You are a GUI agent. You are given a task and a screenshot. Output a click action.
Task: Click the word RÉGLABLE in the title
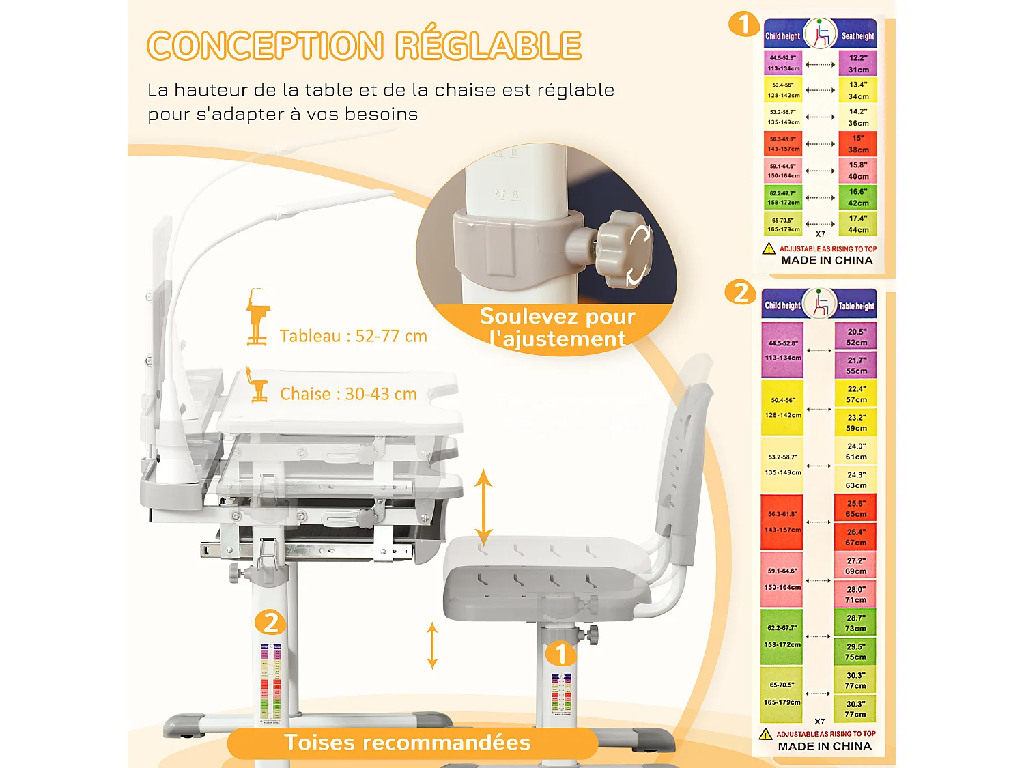pyautogui.click(x=488, y=46)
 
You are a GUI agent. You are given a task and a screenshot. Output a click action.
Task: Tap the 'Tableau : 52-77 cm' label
pyautogui.click(x=353, y=336)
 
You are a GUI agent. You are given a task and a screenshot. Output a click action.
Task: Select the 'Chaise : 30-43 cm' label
pyautogui.click(x=348, y=394)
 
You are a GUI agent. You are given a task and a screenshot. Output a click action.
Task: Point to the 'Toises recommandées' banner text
pyautogui.click(x=407, y=742)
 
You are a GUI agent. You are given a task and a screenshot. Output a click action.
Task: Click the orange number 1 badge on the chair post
pyautogui.click(x=561, y=654)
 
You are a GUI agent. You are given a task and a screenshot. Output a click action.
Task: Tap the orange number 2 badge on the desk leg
pyautogui.click(x=270, y=623)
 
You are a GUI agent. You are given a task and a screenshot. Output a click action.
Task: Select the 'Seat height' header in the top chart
pyautogui.click(x=857, y=35)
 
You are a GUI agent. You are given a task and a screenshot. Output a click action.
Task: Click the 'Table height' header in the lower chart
pyautogui.click(x=856, y=307)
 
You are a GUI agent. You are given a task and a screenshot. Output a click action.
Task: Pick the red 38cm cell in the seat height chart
pyautogui.click(x=858, y=144)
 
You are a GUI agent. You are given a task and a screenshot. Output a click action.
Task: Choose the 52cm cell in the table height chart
pyautogui.click(x=856, y=337)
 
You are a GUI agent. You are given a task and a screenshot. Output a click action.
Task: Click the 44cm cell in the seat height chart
pyautogui.click(x=858, y=224)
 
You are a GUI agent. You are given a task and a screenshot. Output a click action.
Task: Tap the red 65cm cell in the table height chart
pyautogui.click(x=856, y=509)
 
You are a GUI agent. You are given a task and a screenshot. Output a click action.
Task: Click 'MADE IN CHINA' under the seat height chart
pyautogui.click(x=827, y=260)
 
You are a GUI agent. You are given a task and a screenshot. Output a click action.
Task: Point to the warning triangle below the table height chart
pyautogui.click(x=766, y=734)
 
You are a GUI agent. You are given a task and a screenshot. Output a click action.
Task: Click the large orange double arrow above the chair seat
pyautogui.click(x=483, y=508)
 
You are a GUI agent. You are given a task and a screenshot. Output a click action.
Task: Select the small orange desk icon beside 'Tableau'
pyautogui.click(x=257, y=317)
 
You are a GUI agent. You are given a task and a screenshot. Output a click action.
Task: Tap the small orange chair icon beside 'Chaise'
pyautogui.click(x=257, y=385)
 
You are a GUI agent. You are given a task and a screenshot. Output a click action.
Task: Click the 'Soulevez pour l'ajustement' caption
pyautogui.click(x=557, y=327)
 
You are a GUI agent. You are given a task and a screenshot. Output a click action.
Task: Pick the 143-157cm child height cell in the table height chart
pyautogui.click(x=782, y=522)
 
